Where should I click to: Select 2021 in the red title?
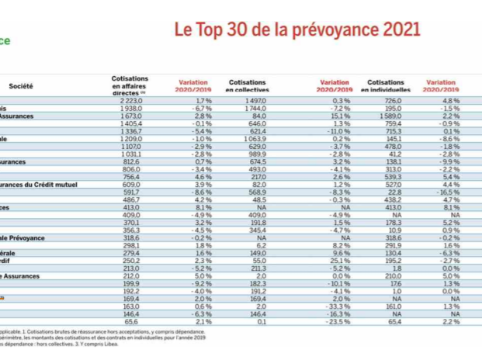[x=396, y=30]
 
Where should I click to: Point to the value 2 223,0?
[x=134, y=102]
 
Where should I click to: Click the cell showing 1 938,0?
[x=134, y=109]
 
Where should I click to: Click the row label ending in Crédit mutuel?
[x=43, y=184]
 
